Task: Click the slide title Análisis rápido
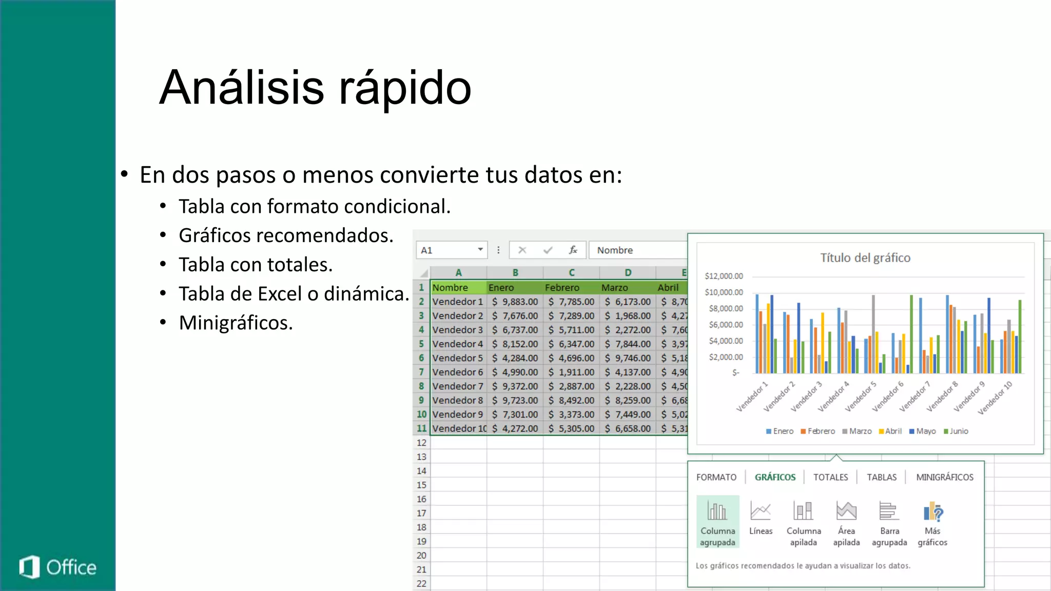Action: click(x=315, y=87)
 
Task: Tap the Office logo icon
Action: click(x=30, y=567)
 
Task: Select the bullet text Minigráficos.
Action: click(x=236, y=323)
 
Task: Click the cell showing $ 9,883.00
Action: click(x=515, y=302)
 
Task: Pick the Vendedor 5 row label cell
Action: click(x=458, y=358)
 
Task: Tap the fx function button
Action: click(x=573, y=250)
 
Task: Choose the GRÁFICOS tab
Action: click(x=775, y=477)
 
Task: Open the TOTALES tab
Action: click(x=830, y=477)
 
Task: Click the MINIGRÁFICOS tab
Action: click(x=944, y=477)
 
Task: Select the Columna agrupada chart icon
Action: click(x=717, y=511)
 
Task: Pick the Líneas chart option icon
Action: click(x=761, y=511)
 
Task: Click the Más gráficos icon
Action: click(x=932, y=511)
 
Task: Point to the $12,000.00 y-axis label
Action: click(x=724, y=276)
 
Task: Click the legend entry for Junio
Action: click(x=956, y=431)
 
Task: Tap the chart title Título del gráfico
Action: click(x=865, y=258)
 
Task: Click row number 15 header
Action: click(x=421, y=485)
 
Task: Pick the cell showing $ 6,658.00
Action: click(x=628, y=428)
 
